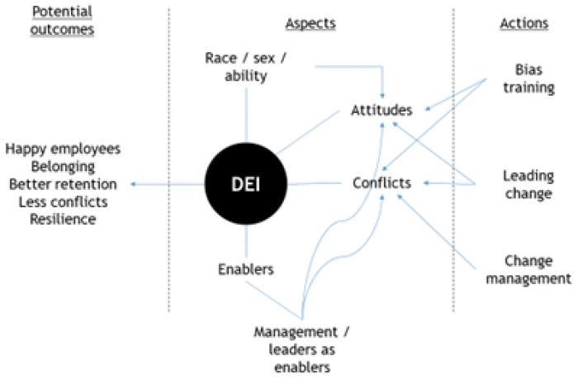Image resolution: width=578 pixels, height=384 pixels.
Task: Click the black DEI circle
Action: coord(246,183)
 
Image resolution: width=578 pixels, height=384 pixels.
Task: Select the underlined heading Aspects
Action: coord(310,24)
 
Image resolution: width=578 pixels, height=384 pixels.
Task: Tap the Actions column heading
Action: coord(524,23)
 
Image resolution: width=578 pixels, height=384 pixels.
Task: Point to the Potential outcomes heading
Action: coord(62,21)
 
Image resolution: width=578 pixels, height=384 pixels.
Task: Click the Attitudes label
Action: coord(381,110)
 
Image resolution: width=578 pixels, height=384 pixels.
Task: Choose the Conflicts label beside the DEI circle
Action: coord(381,183)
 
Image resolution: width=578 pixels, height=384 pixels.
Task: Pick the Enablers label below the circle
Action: coord(246,269)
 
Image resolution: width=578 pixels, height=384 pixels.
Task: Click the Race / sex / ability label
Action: coord(245,67)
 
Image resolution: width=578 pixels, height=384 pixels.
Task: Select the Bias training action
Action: coord(528,78)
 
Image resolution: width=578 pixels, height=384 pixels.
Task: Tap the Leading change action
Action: coord(528,184)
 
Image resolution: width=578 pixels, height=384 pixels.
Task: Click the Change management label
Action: coord(528,269)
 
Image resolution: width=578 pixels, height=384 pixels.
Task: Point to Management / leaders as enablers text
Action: coord(301,349)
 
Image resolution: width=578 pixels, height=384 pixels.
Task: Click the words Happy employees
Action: coord(63,149)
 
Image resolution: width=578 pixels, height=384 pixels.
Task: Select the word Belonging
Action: coord(63,166)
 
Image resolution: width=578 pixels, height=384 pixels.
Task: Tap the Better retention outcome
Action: coord(63,184)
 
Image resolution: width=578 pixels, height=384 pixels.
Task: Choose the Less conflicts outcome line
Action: coord(63,201)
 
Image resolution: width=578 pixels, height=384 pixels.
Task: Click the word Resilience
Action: coord(63,219)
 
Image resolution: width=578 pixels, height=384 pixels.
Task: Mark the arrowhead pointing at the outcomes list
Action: coord(134,184)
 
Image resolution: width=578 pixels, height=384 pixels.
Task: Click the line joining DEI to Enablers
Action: coord(246,242)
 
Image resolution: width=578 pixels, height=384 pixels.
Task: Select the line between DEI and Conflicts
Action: coord(315,183)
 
